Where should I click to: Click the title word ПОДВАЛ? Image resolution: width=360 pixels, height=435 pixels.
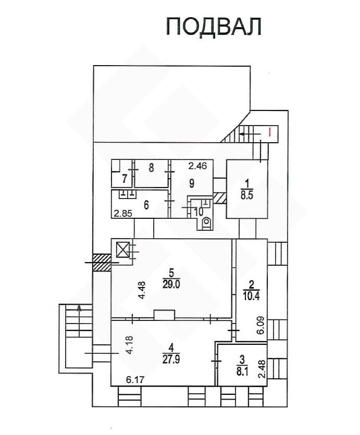(x=214, y=27)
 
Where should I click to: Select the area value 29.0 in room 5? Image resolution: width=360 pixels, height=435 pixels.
(x=171, y=285)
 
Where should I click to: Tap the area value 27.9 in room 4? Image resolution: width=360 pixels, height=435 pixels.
(x=171, y=359)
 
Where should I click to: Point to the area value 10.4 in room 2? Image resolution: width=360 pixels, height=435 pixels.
(x=251, y=296)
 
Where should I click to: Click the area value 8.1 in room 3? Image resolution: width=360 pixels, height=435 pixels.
(x=242, y=371)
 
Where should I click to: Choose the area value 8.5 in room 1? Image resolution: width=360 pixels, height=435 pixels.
(x=247, y=195)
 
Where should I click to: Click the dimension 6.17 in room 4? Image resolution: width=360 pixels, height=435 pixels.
(x=135, y=379)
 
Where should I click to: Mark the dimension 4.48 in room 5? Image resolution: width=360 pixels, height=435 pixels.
(x=142, y=290)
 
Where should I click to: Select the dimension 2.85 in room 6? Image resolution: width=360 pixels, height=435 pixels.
(x=123, y=214)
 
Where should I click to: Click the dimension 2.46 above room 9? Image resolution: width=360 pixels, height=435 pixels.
(x=197, y=166)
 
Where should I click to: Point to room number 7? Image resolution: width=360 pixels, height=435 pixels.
(x=125, y=179)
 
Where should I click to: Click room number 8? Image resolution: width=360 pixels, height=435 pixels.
(x=151, y=168)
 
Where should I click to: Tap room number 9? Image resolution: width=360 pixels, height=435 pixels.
(x=192, y=183)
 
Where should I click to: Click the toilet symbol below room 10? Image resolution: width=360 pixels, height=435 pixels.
(x=206, y=222)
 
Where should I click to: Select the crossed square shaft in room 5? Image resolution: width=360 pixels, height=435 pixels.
(x=122, y=250)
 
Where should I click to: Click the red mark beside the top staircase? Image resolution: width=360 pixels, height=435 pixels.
(x=269, y=131)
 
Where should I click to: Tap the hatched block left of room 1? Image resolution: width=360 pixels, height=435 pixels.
(x=220, y=198)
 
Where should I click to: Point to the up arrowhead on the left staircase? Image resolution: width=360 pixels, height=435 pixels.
(x=79, y=307)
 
